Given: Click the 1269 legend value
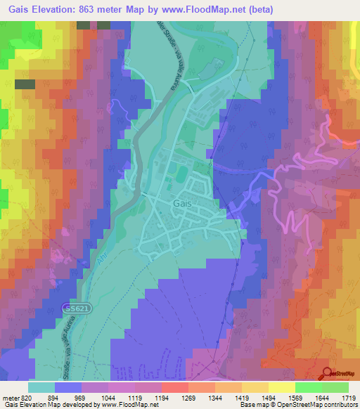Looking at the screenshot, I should tap(176, 397).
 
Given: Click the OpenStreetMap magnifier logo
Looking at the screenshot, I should tap(327, 374).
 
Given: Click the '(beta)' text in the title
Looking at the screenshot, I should tap(258, 9).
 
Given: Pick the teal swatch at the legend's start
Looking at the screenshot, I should tap(41, 387).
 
